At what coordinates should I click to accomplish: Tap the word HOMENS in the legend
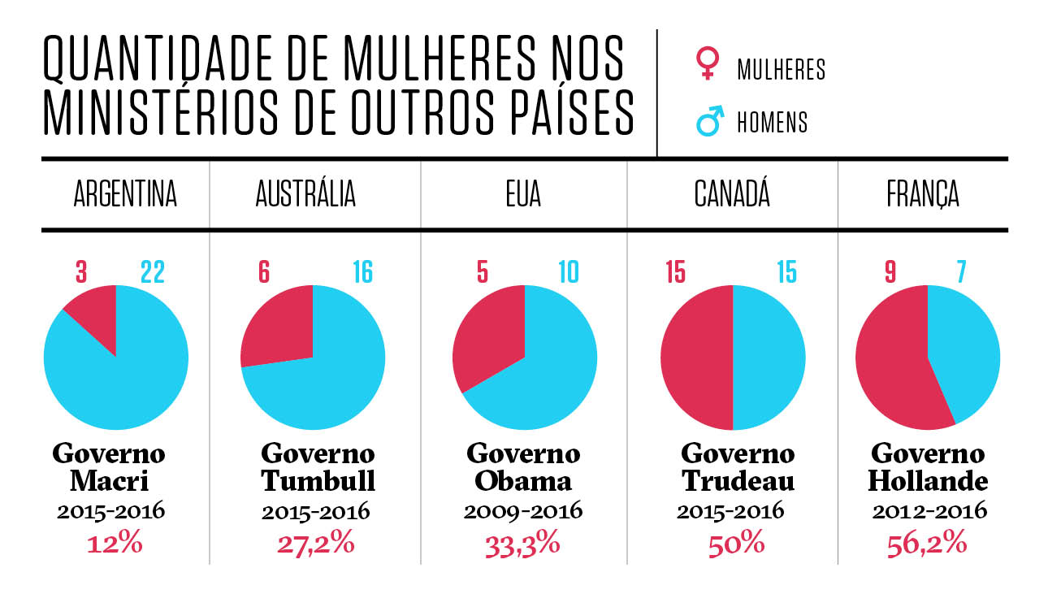tap(772, 123)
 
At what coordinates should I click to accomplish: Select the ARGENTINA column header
tap(125, 196)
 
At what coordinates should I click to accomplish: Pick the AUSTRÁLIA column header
tap(305, 196)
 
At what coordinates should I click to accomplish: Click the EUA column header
tap(523, 196)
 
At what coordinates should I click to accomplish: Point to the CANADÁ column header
tap(732, 196)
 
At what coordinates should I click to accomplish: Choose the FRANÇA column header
tap(922, 196)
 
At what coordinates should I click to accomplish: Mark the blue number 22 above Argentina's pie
tap(152, 272)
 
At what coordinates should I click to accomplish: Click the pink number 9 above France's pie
tap(890, 272)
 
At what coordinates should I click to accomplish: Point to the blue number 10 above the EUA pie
tap(568, 272)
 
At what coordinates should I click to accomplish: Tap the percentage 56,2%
tap(927, 542)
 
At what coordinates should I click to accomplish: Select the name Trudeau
tap(738, 481)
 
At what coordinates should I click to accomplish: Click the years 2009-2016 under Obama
tap(523, 511)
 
